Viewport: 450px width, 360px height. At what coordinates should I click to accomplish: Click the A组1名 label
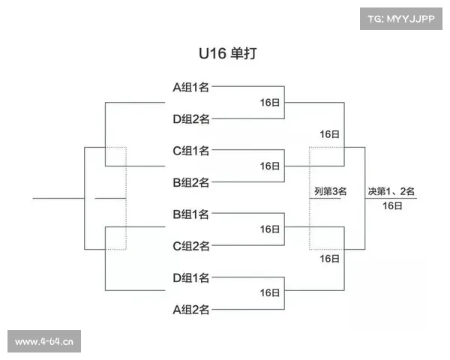point(191,87)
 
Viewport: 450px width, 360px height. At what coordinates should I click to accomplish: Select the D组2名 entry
point(191,118)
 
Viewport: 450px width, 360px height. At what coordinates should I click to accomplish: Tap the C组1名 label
point(191,151)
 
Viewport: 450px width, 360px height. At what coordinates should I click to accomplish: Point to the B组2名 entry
point(191,182)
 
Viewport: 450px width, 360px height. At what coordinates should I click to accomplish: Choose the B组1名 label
point(191,214)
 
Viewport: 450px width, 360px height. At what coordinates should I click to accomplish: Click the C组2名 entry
point(191,246)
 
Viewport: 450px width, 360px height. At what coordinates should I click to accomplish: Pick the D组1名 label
point(191,278)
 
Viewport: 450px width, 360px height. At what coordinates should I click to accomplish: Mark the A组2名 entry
point(191,310)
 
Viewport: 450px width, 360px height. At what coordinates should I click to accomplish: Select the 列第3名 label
point(330,191)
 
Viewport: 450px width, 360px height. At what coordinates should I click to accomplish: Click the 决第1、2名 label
point(391,191)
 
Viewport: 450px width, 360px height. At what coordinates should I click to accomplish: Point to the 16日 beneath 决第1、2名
point(391,205)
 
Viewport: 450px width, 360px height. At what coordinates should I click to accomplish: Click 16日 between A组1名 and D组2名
point(270,103)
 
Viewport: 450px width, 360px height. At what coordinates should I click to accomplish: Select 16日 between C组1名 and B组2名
point(270,166)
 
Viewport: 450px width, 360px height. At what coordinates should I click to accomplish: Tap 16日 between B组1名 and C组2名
point(270,230)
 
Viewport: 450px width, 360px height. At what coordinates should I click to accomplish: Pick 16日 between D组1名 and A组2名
point(270,294)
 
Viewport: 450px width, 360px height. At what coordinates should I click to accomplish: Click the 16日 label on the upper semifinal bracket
point(330,134)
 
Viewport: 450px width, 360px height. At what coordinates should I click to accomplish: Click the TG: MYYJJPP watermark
point(401,17)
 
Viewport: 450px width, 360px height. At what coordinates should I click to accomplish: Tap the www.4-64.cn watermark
point(44,342)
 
